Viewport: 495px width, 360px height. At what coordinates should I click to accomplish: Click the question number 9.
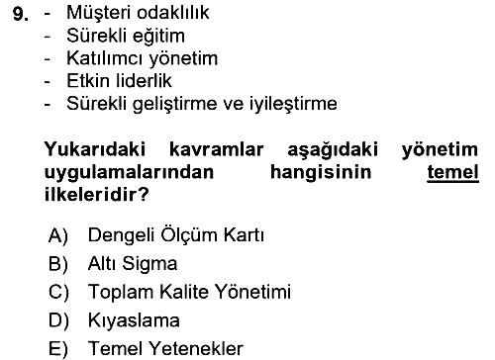click(21, 14)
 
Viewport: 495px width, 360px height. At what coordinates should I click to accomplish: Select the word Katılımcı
click(105, 58)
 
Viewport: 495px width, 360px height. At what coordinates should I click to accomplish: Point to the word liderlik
click(145, 81)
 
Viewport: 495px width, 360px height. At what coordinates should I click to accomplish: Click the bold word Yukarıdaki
click(95, 149)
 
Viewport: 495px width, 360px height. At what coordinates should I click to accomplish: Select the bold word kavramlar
click(216, 149)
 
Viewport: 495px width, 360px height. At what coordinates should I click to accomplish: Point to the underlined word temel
click(452, 172)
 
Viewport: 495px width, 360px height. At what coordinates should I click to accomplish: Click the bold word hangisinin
click(321, 173)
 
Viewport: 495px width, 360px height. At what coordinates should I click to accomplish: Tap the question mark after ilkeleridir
click(144, 195)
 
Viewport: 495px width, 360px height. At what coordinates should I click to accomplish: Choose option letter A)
click(58, 235)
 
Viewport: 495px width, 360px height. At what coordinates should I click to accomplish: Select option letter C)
click(58, 292)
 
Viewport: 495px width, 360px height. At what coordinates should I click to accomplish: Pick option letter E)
click(58, 349)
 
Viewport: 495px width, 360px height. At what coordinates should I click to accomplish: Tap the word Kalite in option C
click(184, 292)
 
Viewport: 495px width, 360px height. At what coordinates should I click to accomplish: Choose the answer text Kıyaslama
click(134, 320)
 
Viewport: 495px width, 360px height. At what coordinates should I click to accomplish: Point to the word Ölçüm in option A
click(189, 235)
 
